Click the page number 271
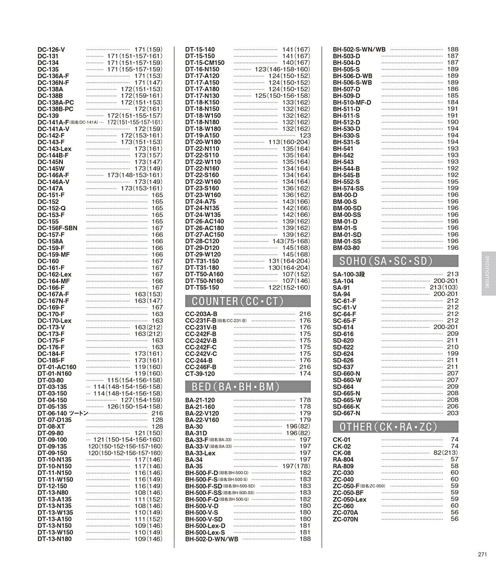pyautogui.click(x=482, y=555)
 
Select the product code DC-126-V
pyautogui.click(x=51, y=50)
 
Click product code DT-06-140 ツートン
pyautogui.click(x=63, y=413)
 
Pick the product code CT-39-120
pyautogui.click(x=200, y=373)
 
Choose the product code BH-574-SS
pyautogui.click(x=348, y=188)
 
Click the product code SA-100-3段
pyautogui.click(x=349, y=274)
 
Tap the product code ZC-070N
pyautogui.click(x=346, y=519)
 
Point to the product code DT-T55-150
pyautogui.click(x=202, y=287)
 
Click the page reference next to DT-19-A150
pyautogui.click(x=305, y=135)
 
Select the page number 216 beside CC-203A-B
pyautogui.click(x=305, y=314)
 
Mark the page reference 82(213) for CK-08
pyautogui.click(x=446, y=453)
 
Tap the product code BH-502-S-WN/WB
pyautogui.click(x=359, y=50)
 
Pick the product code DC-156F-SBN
pyautogui.click(x=57, y=228)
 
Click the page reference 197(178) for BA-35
pyautogui.click(x=296, y=466)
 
